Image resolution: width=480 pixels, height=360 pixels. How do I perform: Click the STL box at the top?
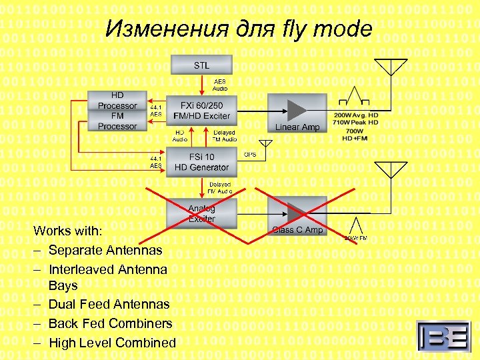click(x=201, y=65)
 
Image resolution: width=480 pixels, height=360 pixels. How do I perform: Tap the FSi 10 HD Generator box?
click(x=201, y=162)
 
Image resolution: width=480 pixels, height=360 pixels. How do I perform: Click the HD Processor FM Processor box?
click(x=117, y=111)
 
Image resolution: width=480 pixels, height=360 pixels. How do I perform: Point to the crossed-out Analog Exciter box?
click(x=201, y=213)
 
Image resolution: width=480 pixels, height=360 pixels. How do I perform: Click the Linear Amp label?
click(x=297, y=127)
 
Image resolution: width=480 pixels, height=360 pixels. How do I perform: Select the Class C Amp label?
click(x=297, y=230)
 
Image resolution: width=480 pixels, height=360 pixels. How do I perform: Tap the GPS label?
click(x=251, y=155)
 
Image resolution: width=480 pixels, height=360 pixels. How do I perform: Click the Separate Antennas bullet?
click(x=105, y=251)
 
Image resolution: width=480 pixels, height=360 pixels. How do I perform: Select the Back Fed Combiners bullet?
click(x=110, y=323)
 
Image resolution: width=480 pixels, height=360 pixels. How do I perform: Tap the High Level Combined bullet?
click(x=112, y=343)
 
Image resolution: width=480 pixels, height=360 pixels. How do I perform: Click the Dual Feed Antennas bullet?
click(x=109, y=304)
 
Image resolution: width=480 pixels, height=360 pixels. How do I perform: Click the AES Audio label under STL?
click(x=220, y=85)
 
